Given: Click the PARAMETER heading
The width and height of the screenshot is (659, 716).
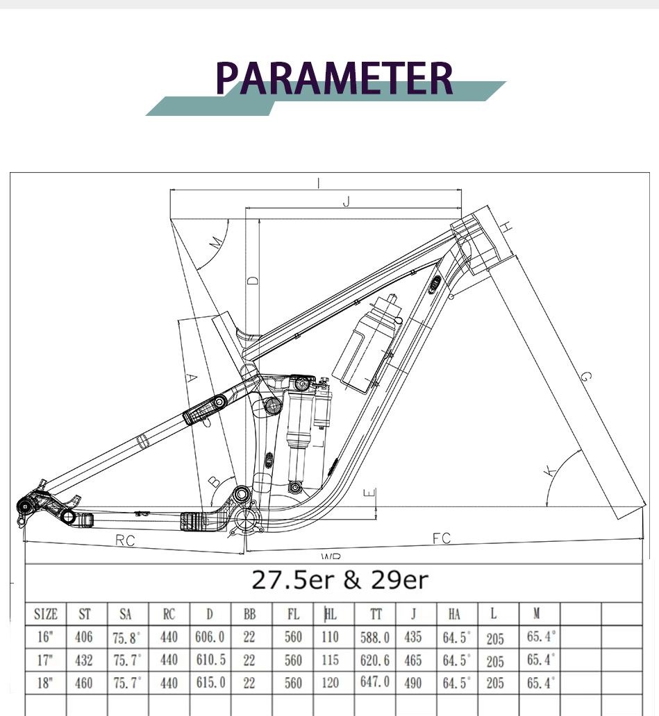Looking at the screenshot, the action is [334, 78].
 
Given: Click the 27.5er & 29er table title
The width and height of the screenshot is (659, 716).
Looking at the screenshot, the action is [340, 580].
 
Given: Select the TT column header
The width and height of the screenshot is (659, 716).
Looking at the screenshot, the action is [376, 614].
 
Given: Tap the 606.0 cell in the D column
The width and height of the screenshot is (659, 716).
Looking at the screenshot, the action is [210, 636].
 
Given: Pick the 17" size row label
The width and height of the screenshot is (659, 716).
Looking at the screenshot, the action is [44, 660].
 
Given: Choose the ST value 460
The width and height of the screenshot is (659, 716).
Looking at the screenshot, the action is [83, 683].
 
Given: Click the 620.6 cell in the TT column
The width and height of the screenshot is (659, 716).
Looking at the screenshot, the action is [375, 660].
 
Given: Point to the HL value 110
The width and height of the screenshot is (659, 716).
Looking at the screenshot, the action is [330, 636].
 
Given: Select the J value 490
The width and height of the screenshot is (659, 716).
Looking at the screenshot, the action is [412, 683].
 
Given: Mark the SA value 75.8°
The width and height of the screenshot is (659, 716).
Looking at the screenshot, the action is [126, 637].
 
